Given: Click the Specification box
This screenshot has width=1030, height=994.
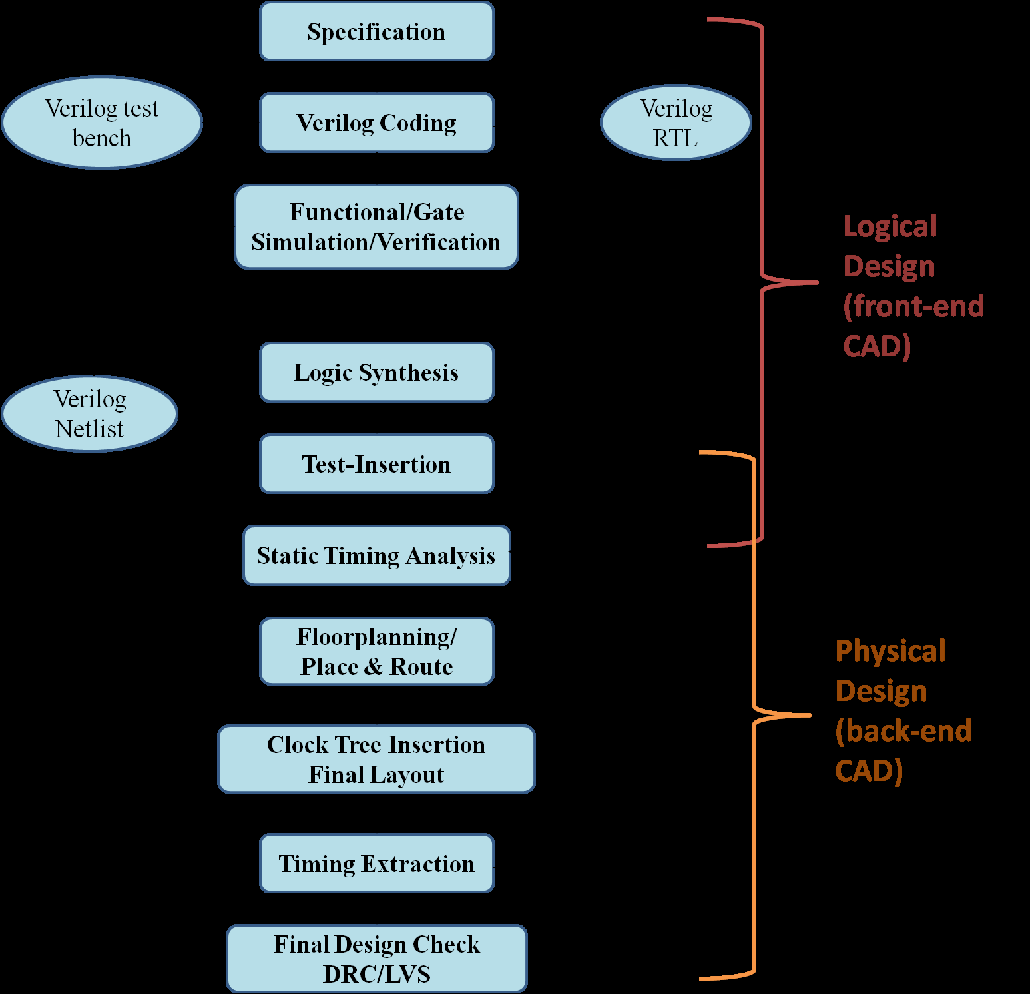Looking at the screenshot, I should click(376, 31).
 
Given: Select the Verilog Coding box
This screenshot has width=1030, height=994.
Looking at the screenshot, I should click(376, 123).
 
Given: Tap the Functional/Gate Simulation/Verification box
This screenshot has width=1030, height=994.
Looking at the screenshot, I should click(376, 226).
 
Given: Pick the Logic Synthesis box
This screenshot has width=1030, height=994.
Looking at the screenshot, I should click(376, 372).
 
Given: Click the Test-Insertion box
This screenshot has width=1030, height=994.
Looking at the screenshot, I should click(376, 464).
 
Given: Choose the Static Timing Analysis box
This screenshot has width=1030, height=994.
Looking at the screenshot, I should click(376, 555).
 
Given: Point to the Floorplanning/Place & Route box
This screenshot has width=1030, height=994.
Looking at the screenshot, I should click(376, 651).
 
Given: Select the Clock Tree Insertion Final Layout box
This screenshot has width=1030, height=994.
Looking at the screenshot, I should click(376, 759).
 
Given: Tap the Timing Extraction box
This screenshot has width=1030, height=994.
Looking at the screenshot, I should click(376, 864).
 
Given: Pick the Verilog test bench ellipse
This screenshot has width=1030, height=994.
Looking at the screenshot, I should click(102, 123).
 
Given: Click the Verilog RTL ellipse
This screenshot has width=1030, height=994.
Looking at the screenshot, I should click(676, 123).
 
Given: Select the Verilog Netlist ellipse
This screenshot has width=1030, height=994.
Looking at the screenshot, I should click(89, 413).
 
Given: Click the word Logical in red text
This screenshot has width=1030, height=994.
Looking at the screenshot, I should click(890, 226).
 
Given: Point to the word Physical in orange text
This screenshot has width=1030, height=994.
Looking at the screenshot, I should click(890, 651).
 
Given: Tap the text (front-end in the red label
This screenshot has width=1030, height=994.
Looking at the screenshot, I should click(913, 306).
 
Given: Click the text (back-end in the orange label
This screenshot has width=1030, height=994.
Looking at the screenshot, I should click(903, 731).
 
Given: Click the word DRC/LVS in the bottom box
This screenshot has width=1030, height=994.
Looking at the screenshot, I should click(377, 974).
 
